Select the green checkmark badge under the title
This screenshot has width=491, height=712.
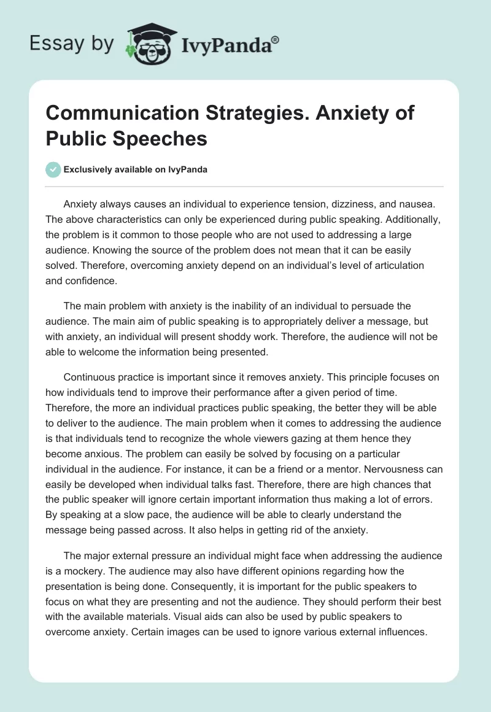(x=53, y=169)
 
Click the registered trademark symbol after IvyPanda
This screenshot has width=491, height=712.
(x=276, y=39)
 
